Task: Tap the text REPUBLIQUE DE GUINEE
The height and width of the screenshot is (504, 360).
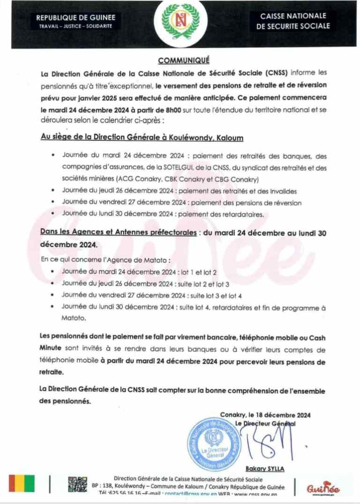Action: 75,18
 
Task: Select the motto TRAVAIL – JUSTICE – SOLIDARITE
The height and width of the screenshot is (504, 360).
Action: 75,26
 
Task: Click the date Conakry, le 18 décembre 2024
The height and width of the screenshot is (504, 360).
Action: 265,415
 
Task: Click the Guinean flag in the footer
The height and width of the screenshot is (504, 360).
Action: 22,484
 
